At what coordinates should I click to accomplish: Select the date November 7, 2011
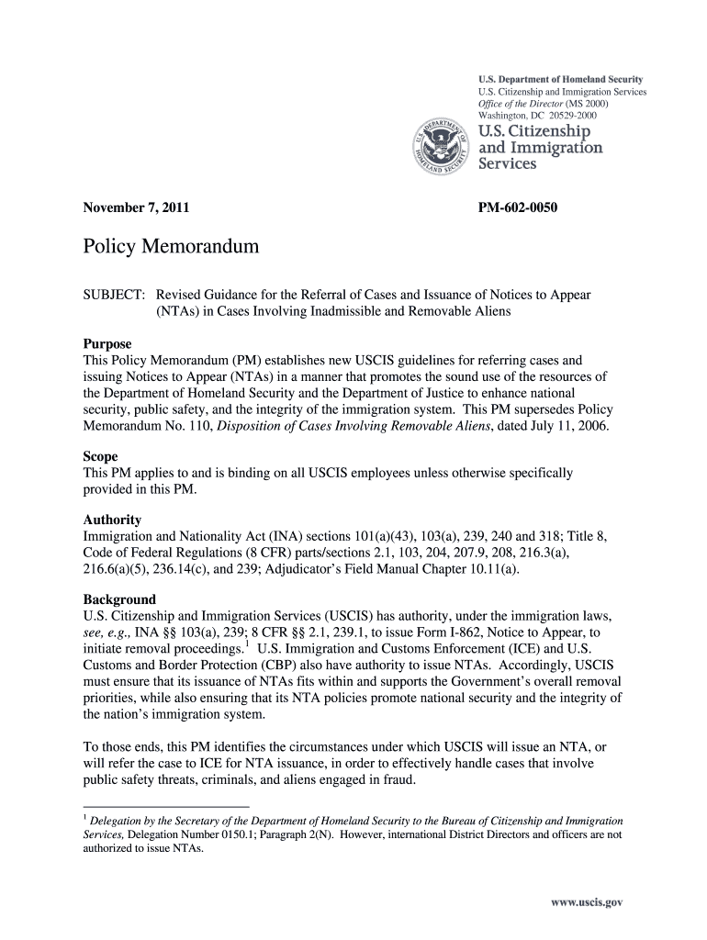(136, 208)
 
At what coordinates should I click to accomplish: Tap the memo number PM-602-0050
(518, 208)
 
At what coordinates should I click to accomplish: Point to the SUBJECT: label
(114, 296)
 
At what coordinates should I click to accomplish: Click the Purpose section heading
(107, 344)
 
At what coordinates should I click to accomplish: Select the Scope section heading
(100, 456)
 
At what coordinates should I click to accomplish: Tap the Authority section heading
(112, 519)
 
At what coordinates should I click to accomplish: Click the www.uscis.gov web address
(587, 902)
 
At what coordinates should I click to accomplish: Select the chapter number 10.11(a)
(488, 569)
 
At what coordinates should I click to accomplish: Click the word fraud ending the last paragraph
(398, 781)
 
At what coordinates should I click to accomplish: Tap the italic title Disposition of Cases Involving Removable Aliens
(352, 428)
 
